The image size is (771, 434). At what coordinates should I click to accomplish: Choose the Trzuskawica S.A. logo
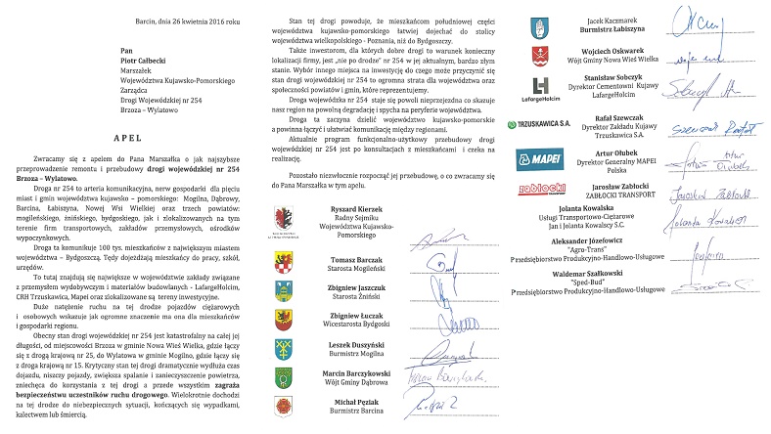point(536,125)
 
